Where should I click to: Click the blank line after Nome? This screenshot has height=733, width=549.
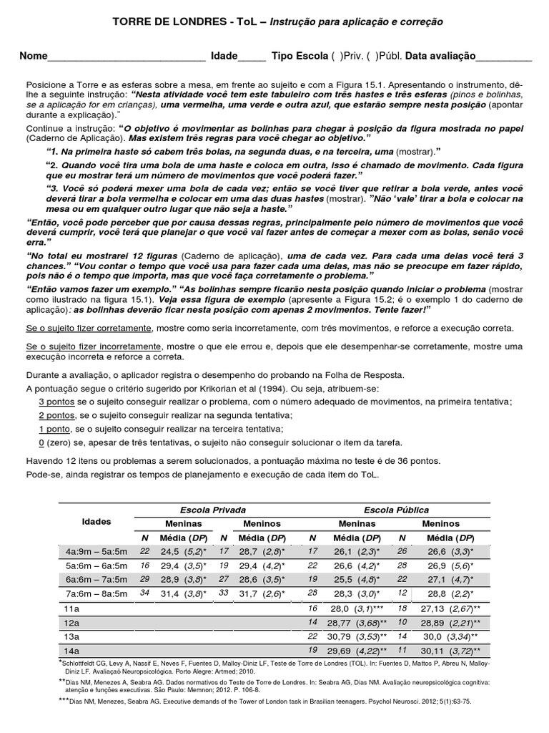(x=127, y=57)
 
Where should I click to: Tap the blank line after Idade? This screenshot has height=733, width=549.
(x=251, y=57)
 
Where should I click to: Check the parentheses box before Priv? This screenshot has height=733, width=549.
(x=337, y=57)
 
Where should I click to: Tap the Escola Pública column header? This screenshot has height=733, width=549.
(x=396, y=510)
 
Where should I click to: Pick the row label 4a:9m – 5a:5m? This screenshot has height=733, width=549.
(x=97, y=551)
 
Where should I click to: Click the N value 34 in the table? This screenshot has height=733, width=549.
(x=145, y=593)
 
